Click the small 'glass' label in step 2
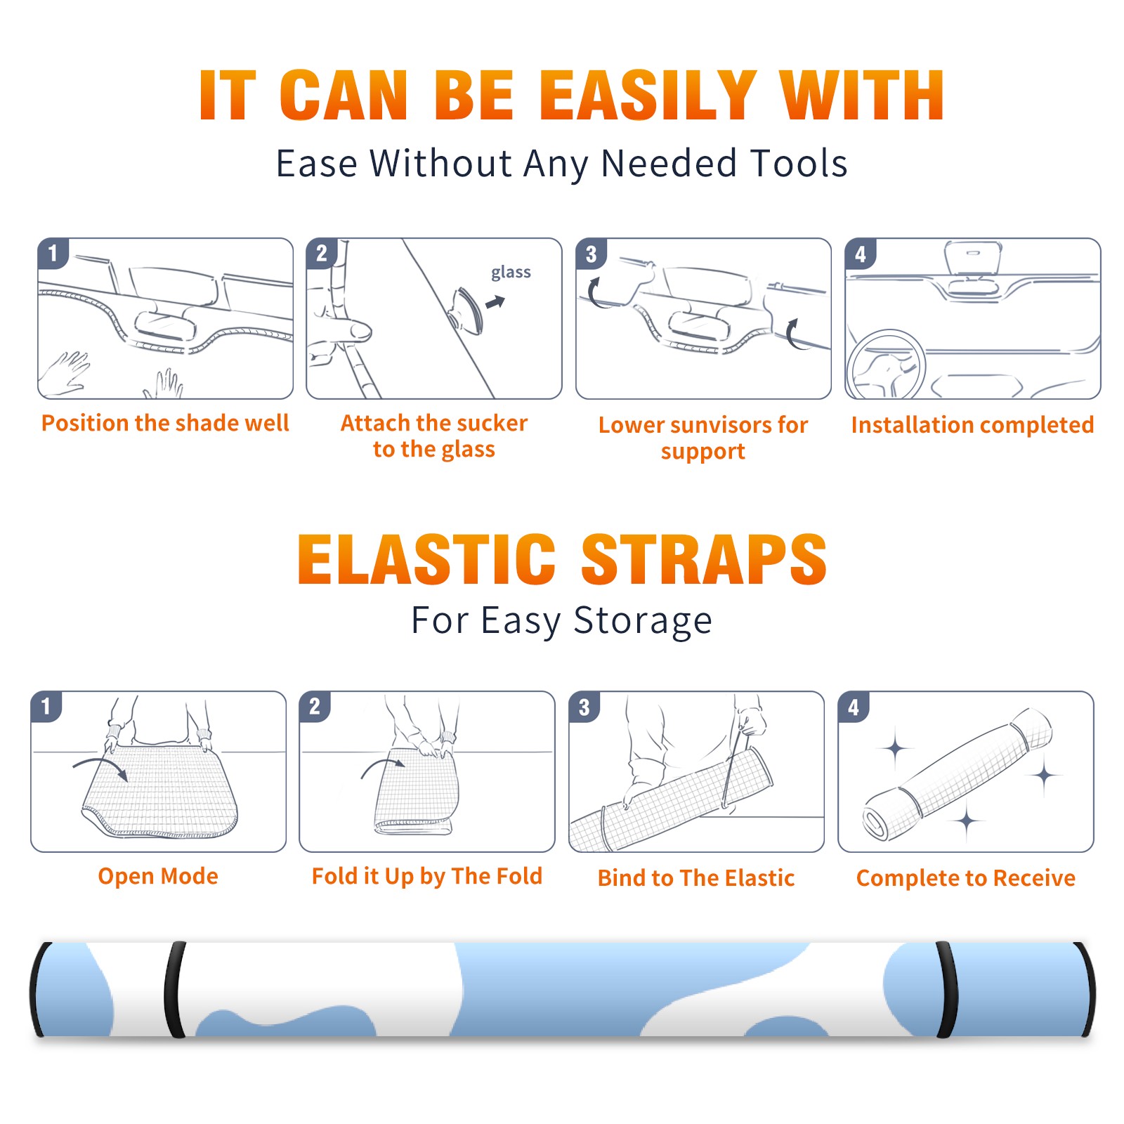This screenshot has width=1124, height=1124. tap(511, 273)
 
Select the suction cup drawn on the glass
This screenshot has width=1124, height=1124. tap(467, 310)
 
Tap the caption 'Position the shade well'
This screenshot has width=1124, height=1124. tap(165, 423)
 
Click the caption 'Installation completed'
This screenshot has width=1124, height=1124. tap(972, 425)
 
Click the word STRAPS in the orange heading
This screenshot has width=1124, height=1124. tap(704, 559)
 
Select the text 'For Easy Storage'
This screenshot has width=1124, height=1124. tap(561, 621)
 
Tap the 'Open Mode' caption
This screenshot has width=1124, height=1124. tap(158, 876)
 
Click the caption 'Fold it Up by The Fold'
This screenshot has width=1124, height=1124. tap(427, 877)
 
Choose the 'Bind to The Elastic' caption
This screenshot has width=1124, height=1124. tap(696, 878)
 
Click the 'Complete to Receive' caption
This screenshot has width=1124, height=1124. tap(966, 878)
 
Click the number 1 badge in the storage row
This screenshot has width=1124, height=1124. tap(46, 707)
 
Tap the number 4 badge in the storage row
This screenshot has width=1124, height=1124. tap(854, 707)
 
